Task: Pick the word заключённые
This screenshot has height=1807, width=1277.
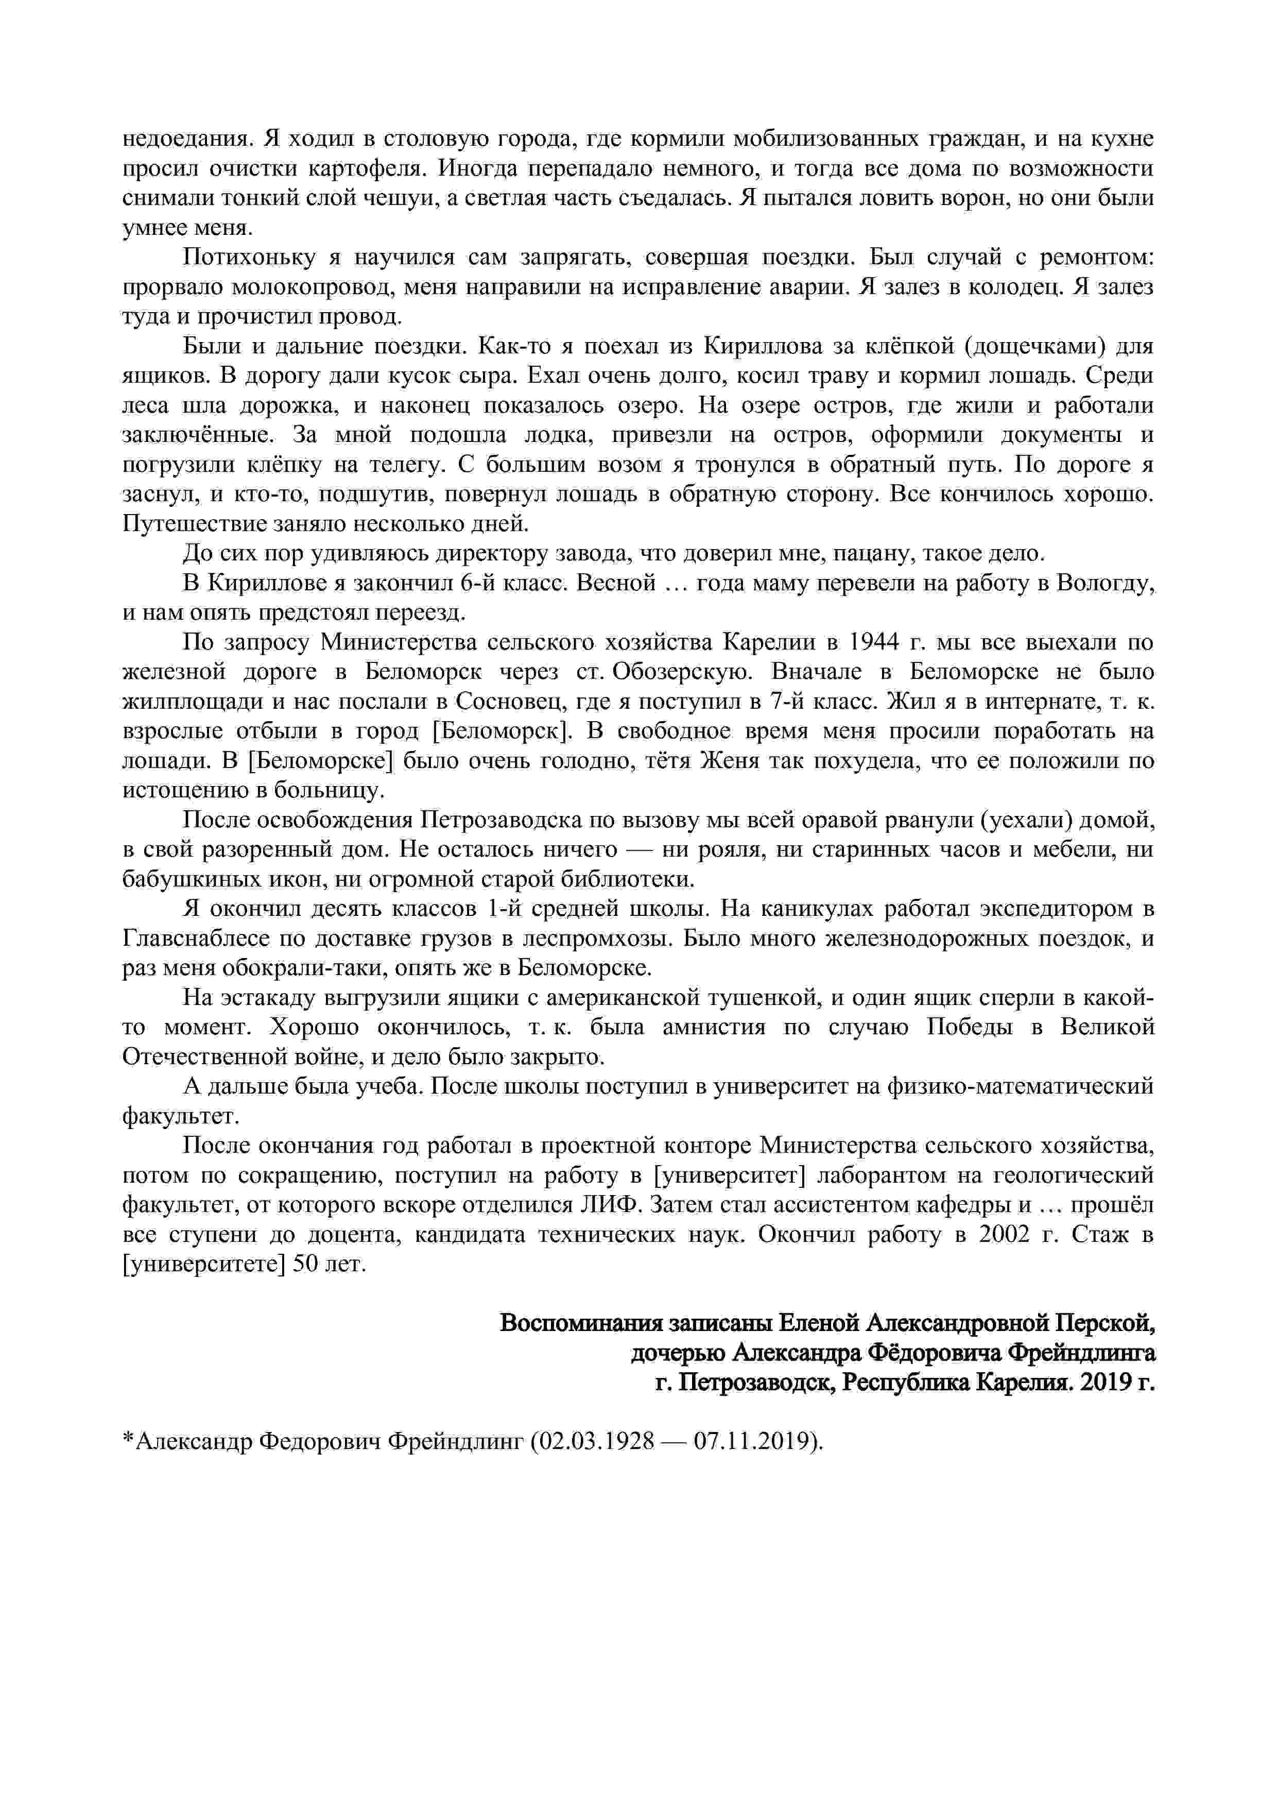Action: (x=198, y=435)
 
